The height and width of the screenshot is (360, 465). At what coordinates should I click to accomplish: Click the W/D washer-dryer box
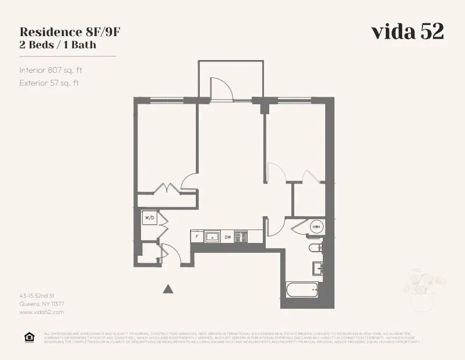point(149,218)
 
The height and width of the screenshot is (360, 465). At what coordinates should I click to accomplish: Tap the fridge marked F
point(197,237)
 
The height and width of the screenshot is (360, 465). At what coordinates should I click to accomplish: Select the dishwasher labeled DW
point(228,237)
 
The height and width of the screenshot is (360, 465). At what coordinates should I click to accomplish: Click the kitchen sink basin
point(213,237)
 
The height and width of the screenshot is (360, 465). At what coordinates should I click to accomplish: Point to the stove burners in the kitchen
point(242,237)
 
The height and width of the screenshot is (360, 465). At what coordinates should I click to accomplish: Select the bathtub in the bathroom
point(302,290)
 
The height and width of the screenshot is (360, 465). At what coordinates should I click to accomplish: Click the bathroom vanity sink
point(318,269)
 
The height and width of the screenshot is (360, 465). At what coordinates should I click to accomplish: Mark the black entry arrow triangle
point(168,288)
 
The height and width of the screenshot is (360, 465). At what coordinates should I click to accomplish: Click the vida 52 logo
point(407,32)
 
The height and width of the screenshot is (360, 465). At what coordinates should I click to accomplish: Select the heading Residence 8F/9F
point(70,31)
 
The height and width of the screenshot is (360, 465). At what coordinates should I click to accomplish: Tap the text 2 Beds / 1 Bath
point(58,44)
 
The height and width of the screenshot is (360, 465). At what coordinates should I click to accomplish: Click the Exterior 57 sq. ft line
point(49,83)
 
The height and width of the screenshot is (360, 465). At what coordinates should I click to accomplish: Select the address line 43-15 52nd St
point(37,296)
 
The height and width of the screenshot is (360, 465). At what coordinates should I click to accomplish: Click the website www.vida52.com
point(41,312)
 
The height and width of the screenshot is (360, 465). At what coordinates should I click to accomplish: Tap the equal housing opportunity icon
point(29,337)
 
